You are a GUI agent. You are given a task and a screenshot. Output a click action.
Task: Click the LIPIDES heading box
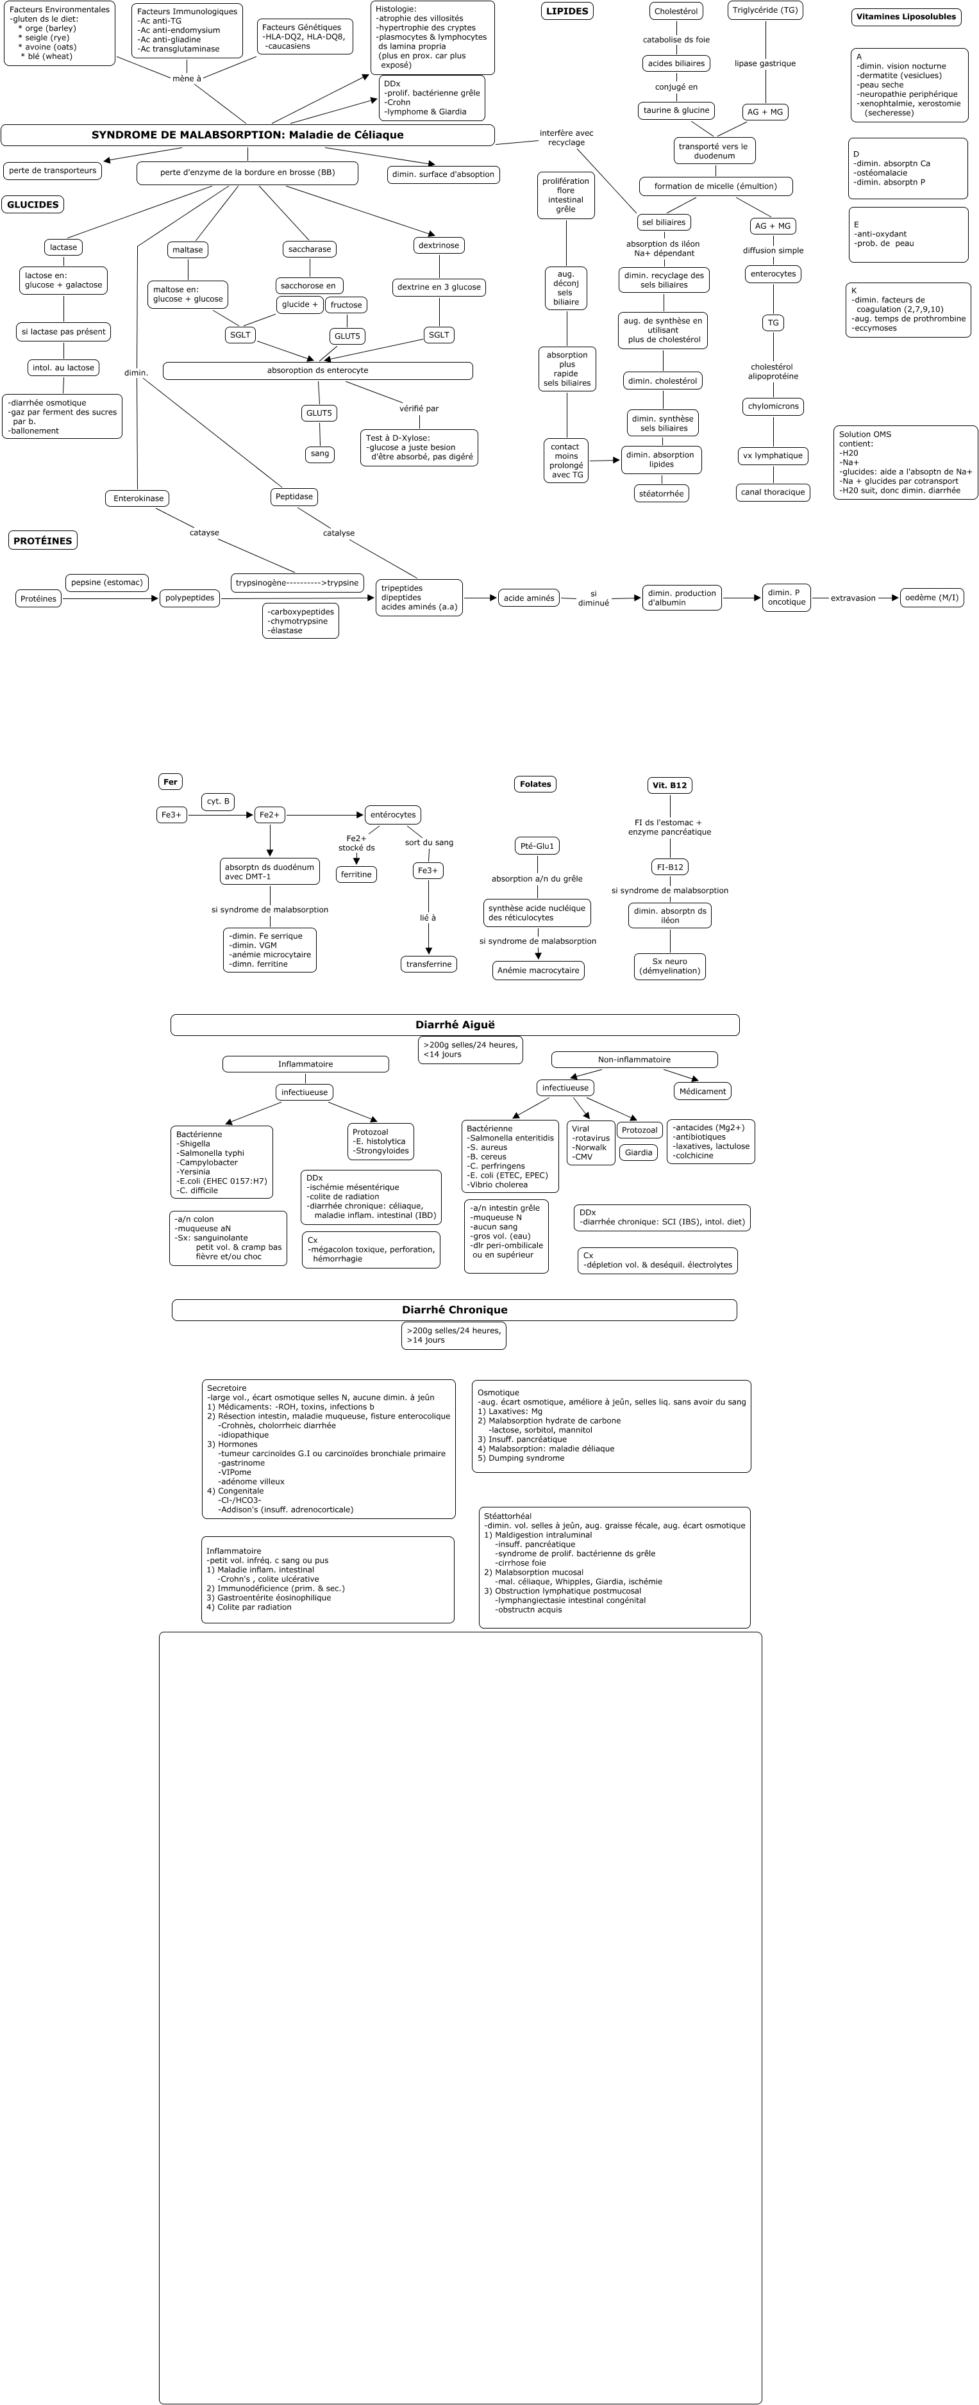(x=567, y=11)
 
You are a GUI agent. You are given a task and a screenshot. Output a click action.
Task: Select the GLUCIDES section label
(x=33, y=204)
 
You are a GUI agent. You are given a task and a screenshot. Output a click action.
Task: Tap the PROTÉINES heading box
(x=43, y=541)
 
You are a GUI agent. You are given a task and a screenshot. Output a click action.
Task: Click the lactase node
(x=63, y=247)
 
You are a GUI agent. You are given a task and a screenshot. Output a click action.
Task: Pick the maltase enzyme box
(x=188, y=250)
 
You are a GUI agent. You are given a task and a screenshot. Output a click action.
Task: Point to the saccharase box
(x=309, y=249)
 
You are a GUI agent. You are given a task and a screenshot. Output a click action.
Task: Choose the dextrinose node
(x=439, y=245)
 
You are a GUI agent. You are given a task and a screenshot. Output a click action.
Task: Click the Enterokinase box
(x=137, y=498)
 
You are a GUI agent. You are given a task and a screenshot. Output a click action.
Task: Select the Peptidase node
(x=294, y=497)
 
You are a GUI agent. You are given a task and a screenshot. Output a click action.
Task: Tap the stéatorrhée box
(x=662, y=493)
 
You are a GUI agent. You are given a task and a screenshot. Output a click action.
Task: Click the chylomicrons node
(x=773, y=407)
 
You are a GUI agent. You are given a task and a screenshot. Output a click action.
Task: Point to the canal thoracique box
(x=773, y=492)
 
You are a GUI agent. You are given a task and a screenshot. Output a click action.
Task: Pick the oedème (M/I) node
(x=932, y=598)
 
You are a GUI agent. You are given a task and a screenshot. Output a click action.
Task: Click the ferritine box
(x=356, y=874)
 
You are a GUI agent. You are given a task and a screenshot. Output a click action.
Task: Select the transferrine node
(x=429, y=964)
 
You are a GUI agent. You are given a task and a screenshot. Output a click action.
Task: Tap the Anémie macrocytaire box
(x=538, y=971)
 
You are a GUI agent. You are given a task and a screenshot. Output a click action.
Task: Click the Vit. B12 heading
(x=670, y=785)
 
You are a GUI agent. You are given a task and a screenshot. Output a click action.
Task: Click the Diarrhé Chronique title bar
(x=454, y=1310)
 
